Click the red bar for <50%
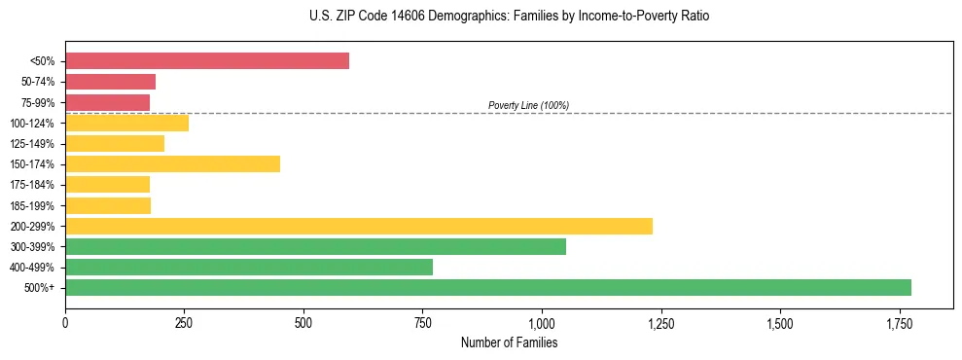click(207, 61)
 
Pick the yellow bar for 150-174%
click(172, 163)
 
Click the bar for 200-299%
click(359, 226)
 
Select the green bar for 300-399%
click(315, 246)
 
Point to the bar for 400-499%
click(249, 267)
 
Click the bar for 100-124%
click(126, 123)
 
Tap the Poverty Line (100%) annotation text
click(528, 105)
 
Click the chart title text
click(481, 17)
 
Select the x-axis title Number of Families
click(509, 342)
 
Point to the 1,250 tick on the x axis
click(660, 322)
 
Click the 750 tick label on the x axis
click(422, 322)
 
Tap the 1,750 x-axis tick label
click(899, 322)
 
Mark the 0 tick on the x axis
click(65, 322)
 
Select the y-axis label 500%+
click(40, 287)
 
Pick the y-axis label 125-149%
click(32, 144)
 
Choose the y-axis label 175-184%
click(32, 185)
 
